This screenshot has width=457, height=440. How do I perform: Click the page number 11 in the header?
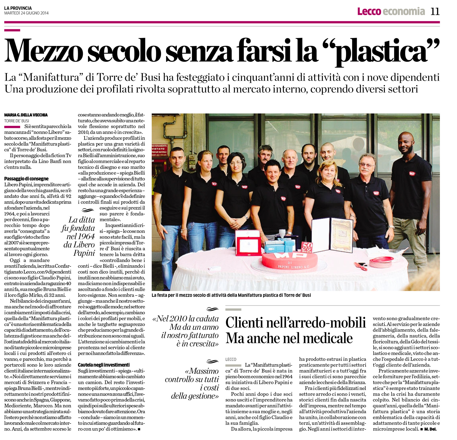tap(435, 11)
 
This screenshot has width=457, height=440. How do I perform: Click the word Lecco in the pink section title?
tap(369, 11)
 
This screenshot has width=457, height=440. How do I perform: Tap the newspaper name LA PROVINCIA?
tap(18, 8)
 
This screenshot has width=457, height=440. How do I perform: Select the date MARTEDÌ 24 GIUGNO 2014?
tap(26, 13)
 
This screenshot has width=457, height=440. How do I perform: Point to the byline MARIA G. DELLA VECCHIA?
tap(26, 115)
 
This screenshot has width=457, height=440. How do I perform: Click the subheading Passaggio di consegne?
tap(26, 179)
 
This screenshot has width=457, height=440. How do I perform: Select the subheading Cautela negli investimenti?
tap(104, 365)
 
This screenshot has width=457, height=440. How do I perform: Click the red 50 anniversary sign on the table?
tap(307, 247)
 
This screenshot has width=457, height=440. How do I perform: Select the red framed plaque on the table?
tap(248, 242)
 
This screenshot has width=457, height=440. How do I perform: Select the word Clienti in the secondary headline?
tap(244, 323)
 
